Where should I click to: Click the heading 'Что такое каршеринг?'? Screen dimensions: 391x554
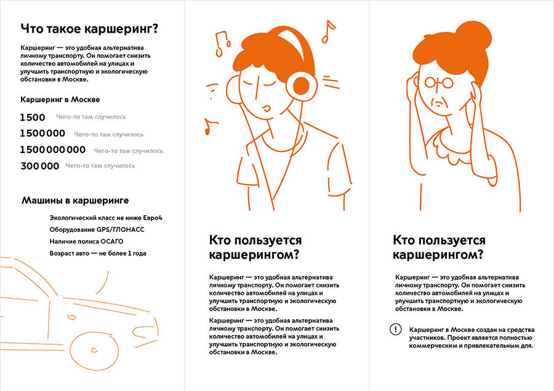click(x=89, y=28)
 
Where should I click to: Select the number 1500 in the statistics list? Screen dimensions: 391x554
click(x=33, y=117)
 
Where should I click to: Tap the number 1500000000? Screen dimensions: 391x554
click(x=53, y=149)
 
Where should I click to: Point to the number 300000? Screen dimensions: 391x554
click(x=40, y=166)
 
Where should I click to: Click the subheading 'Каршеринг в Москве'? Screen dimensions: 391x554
click(x=60, y=99)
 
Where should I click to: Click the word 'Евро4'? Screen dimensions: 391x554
click(x=158, y=218)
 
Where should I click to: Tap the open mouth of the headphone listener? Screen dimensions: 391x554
click(x=266, y=109)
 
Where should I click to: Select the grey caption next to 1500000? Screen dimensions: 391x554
click(x=108, y=133)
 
